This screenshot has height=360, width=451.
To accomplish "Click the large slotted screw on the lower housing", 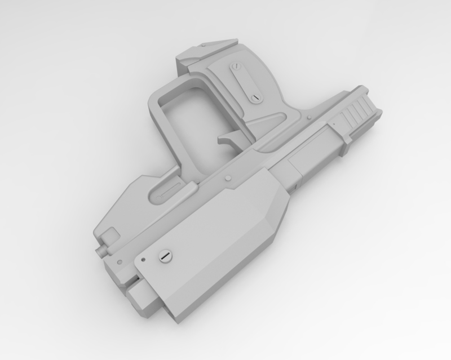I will coord(165,256).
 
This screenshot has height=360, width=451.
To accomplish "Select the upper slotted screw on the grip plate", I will coord(237,68).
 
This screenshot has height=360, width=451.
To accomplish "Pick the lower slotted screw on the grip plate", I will coord(255,98).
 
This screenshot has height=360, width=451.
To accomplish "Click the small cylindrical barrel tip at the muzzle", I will coord(102,247).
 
